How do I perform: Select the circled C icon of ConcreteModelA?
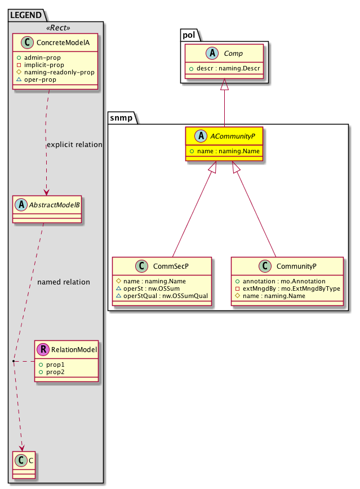pos(23,42)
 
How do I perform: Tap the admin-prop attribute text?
pos(46,58)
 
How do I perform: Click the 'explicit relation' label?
pos(74,145)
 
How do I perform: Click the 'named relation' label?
pos(63,282)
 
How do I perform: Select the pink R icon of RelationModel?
pos(43,350)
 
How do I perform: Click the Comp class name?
pos(233,53)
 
